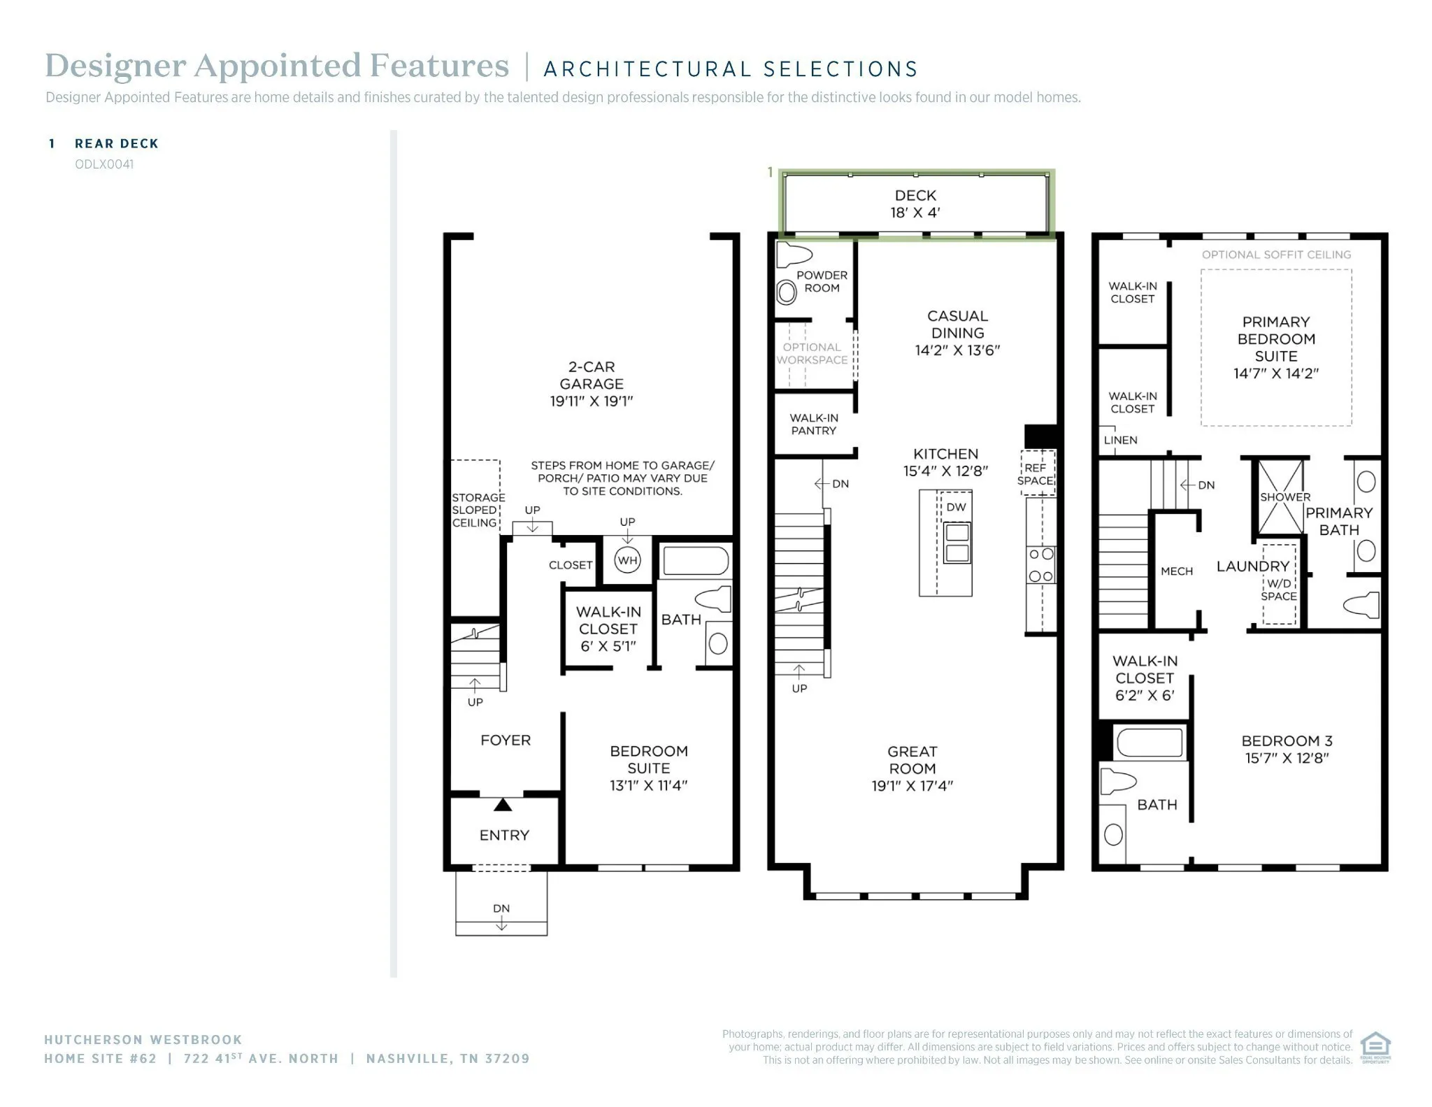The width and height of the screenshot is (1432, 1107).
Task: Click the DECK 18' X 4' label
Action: [915, 204]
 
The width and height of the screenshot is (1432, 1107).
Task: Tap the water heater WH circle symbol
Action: [627, 560]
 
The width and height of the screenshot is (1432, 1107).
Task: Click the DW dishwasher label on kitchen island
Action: [956, 507]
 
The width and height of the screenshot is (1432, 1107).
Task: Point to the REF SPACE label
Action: [1035, 474]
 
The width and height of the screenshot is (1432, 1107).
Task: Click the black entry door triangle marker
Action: [503, 805]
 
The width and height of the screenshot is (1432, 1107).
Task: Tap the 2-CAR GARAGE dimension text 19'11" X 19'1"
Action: [591, 401]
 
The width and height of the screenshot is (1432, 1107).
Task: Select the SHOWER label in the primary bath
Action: [1285, 497]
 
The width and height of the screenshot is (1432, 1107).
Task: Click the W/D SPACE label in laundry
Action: [1279, 590]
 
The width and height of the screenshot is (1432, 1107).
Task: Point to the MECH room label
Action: [1177, 571]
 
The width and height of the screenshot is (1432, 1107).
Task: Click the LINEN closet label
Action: [1120, 440]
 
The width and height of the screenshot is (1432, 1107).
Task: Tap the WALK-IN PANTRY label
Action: [814, 424]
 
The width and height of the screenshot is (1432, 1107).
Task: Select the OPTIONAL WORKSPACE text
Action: [812, 353]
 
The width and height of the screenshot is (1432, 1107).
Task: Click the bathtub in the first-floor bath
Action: [696, 561]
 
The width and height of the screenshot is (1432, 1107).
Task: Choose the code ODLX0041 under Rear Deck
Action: [104, 164]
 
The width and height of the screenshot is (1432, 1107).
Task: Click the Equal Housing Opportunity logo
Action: [1375, 1047]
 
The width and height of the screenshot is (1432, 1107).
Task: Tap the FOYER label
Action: [506, 740]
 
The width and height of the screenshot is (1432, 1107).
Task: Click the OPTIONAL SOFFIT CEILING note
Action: [1276, 255]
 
